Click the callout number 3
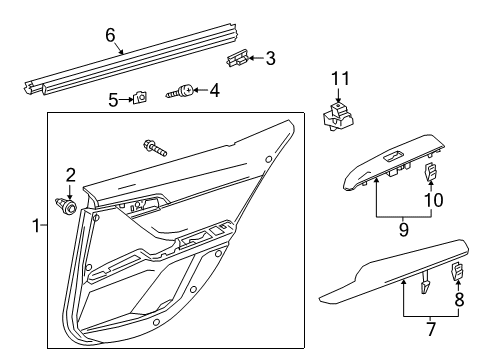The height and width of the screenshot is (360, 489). click(270, 58)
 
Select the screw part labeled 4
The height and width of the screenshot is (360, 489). click(184, 93)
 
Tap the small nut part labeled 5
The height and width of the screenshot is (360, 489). click(141, 97)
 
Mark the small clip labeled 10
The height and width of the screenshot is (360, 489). click(433, 173)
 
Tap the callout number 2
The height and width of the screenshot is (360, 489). click(70, 175)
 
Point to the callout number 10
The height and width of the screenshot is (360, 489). click(433, 200)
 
